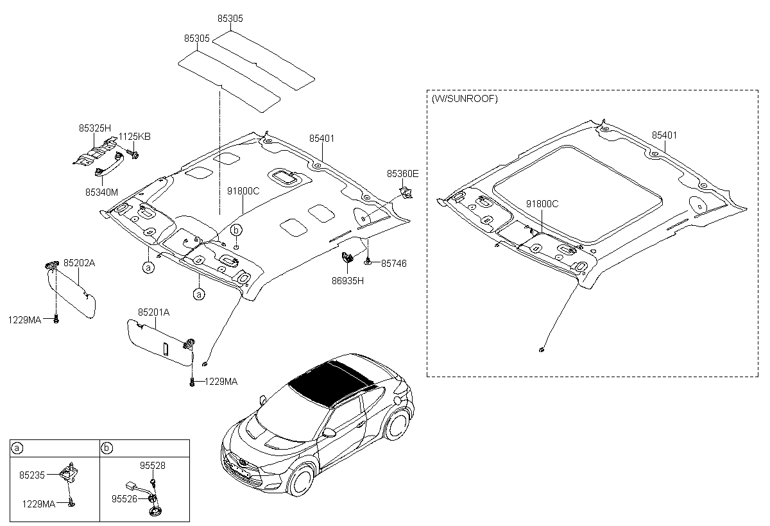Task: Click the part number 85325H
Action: pos(95,128)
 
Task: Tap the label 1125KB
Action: pos(135,137)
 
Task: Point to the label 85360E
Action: pos(402,174)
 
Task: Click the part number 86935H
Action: pos(347,280)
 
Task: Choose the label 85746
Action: pos(393,263)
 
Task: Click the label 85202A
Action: pos(80,263)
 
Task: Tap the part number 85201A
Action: pos(153,312)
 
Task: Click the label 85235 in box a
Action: pos(32,475)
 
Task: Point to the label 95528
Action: pos(153,466)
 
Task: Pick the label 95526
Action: pos(124,498)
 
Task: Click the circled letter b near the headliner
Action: pos(236,229)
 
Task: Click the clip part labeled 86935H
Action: pos(347,259)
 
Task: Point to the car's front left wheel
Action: pos(300,481)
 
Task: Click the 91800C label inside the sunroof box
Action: pos(542,204)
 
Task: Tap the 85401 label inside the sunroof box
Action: pos(665,136)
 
